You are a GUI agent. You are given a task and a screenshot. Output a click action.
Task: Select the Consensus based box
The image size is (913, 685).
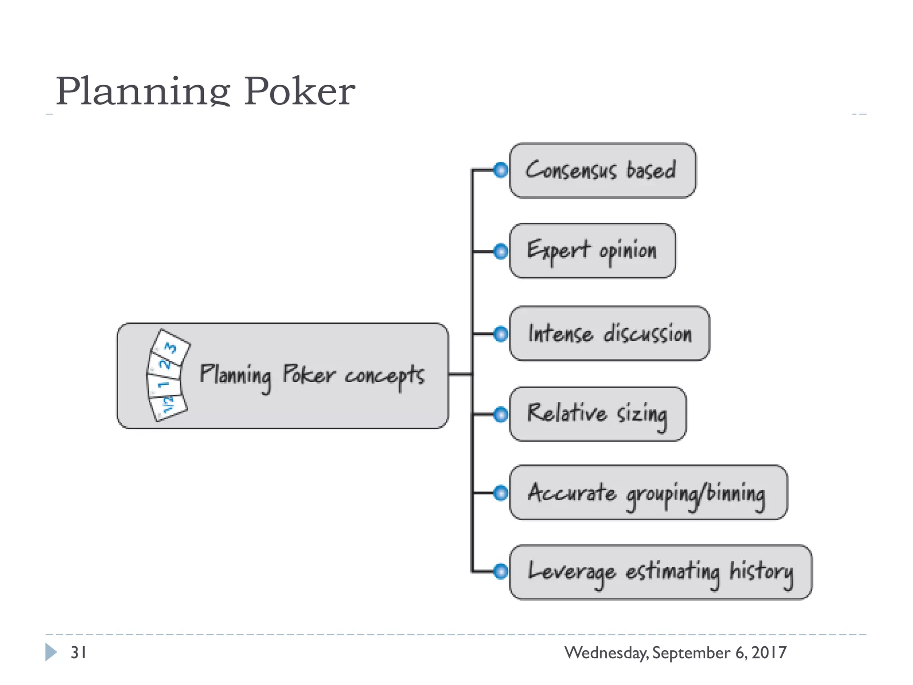(x=602, y=170)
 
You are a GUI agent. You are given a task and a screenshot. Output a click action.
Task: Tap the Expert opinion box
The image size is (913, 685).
(x=592, y=251)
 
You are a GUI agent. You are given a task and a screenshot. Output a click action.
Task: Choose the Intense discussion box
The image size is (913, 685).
(x=609, y=334)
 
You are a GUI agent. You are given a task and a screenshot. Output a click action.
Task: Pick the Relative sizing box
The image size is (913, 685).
(x=597, y=414)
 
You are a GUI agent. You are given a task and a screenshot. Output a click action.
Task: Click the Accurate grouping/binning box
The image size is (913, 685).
(x=648, y=492)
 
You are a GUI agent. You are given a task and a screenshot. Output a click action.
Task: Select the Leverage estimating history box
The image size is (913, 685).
(x=660, y=572)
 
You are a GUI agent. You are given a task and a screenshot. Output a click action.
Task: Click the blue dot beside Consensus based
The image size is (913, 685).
(x=501, y=170)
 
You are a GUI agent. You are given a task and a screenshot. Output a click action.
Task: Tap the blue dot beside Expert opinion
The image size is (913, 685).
(x=501, y=252)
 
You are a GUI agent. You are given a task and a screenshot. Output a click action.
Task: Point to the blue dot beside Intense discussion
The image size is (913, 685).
(x=501, y=334)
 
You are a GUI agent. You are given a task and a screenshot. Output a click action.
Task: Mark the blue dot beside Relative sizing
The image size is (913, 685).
(x=501, y=414)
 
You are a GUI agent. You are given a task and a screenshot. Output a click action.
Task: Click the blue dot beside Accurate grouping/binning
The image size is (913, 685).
(x=501, y=493)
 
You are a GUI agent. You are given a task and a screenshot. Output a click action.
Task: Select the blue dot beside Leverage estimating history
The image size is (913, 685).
(x=501, y=571)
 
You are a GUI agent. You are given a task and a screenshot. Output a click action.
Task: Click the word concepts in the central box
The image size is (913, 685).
(x=384, y=376)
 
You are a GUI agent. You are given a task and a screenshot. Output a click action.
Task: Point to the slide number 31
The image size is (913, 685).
(x=78, y=652)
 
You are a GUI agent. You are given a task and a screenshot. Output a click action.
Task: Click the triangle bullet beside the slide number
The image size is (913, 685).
(x=51, y=652)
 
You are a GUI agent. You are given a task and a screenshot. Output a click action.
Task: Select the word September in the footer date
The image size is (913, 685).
(x=691, y=653)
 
